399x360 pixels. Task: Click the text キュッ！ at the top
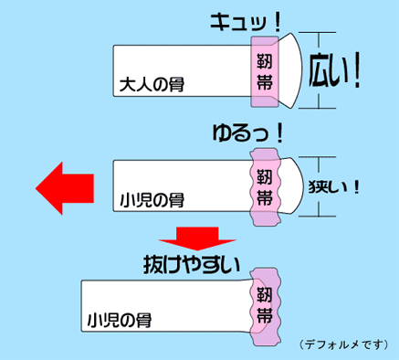(x=245, y=24)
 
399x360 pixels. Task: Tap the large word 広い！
(x=334, y=70)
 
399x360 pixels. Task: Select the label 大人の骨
(x=152, y=84)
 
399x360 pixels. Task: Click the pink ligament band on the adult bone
(x=265, y=71)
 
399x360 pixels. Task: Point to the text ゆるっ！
(x=248, y=134)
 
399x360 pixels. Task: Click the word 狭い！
(x=334, y=187)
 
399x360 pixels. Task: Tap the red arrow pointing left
(x=65, y=188)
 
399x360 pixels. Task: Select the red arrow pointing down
(x=197, y=238)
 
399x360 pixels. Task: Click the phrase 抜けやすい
(x=192, y=265)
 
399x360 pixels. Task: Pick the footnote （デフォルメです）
(x=343, y=344)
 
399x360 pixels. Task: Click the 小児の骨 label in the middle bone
(x=152, y=200)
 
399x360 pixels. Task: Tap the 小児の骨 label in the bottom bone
(x=120, y=320)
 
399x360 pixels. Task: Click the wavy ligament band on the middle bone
(x=265, y=187)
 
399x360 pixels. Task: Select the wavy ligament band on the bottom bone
(x=265, y=307)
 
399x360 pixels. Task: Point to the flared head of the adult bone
(x=290, y=70)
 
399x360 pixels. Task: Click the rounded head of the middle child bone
(x=291, y=186)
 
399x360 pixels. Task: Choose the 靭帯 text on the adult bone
(x=264, y=72)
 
